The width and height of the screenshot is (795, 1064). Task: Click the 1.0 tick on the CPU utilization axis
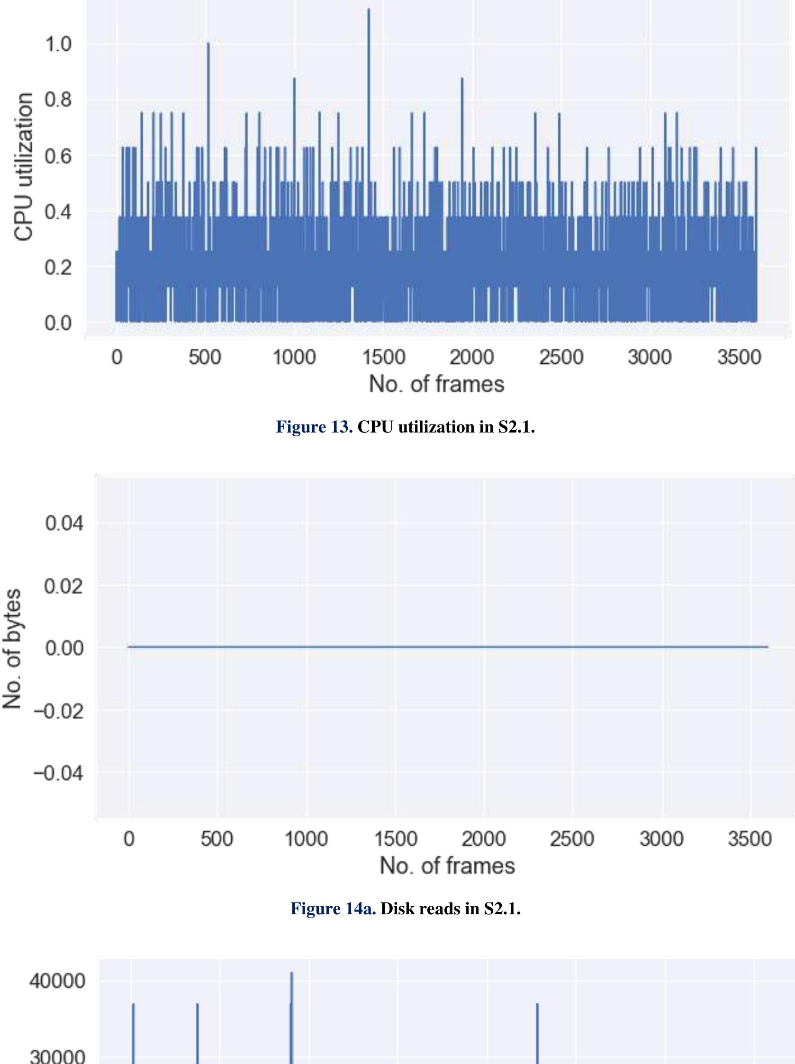(x=57, y=45)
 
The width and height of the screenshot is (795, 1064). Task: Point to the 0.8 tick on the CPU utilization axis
(x=57, y=100)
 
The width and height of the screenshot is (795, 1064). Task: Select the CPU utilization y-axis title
(x=24, y=167)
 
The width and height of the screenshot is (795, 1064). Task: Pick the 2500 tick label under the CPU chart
(x=560, y=357)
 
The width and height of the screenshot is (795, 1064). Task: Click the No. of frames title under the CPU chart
(x=436, y=384)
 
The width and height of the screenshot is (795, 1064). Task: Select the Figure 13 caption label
(x=314, y=427)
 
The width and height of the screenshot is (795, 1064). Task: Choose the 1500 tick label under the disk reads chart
(x=395, y=839)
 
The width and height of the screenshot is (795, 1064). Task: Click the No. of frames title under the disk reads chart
(x=447, y=866)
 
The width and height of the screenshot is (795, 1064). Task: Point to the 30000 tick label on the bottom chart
(x=57, y=1056)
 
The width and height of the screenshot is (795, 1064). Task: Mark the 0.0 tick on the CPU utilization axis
(x=57, y=323)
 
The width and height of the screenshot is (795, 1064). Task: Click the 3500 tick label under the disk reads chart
(x=750, y=839)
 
